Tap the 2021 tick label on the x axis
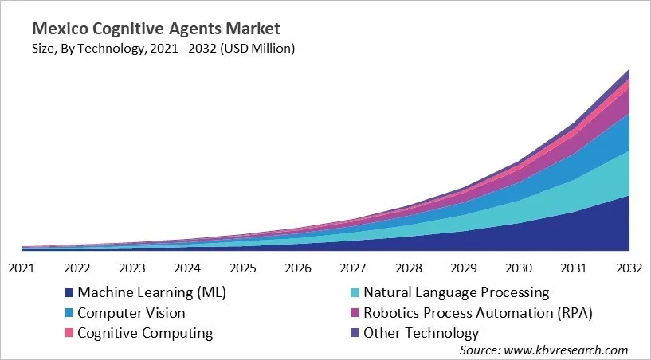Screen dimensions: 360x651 [x=22, y=268]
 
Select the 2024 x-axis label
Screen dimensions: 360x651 [x=187, y=268]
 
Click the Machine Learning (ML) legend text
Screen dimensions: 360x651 [x=151, y=292]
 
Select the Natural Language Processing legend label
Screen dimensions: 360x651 [x=456, y=292]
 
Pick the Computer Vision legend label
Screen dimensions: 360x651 [x=131, y=313]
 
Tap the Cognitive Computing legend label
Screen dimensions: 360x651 [x=144, y=333]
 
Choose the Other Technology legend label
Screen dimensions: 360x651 [x=421, y=333]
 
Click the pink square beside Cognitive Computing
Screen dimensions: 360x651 [x=69, y=333]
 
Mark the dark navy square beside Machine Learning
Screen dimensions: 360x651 [x=69, y=292]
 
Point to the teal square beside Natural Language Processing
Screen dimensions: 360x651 [x=355, y=292]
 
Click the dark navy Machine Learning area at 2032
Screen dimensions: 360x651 [x=618, y=227]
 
